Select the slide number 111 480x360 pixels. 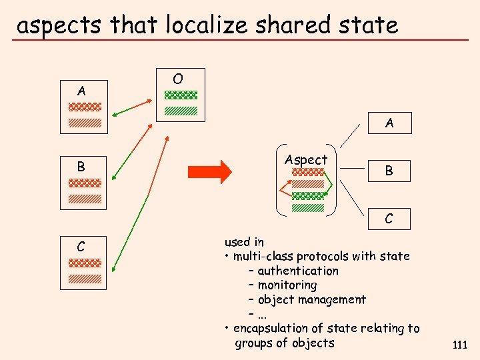coord(459,345)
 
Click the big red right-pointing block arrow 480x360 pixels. coord(209,172)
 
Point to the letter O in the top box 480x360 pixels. coord(177,79)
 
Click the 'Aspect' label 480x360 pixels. coord(306,160)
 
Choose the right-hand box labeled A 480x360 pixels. coord(389,123)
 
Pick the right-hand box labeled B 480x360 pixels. coord(389,171)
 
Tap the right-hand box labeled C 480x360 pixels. coord(389,219)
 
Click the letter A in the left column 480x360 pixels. coord(81,90)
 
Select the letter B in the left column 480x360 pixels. coord(81,167)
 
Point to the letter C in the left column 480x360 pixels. coord(81,247)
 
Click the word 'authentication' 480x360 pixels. coord(298,271)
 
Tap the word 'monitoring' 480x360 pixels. coord(287,285)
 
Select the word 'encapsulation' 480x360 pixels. coord(272,328)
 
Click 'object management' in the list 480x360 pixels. coord(311,300)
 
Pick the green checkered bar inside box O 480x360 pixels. coord(181,95)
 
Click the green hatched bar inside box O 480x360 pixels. coord(181,111)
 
